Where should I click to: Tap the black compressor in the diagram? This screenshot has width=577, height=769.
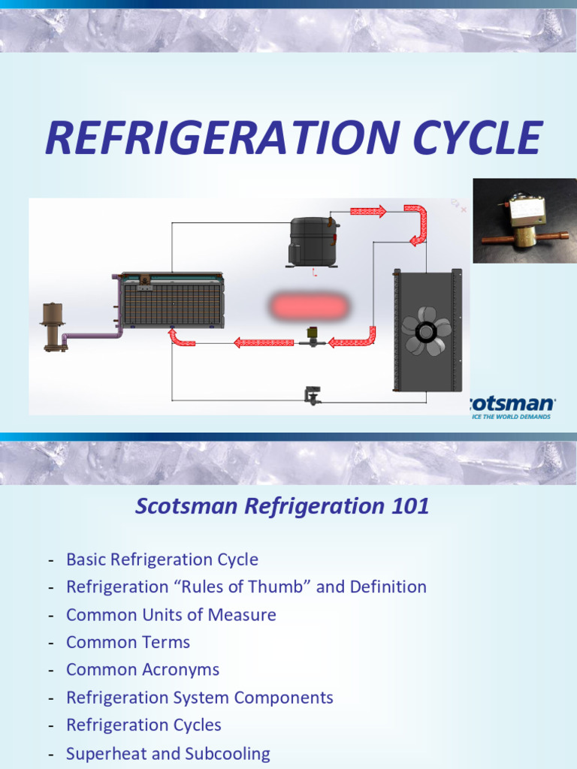(313, 240)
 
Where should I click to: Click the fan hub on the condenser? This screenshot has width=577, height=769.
(426, 331)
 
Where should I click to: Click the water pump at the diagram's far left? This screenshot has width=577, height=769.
(54, 326)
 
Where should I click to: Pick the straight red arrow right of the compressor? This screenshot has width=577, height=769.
(368, 211)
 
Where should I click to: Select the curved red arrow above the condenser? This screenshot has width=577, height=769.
(416, 224)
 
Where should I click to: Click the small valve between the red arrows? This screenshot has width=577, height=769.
(311, 337)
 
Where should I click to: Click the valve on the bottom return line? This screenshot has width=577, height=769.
(313, 395)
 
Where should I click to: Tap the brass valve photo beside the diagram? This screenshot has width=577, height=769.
(525, 221)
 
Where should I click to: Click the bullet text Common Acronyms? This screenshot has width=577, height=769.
(143, 669)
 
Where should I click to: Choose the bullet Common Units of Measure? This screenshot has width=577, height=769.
(171, 614)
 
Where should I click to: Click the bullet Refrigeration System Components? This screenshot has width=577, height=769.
(200, 697)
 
